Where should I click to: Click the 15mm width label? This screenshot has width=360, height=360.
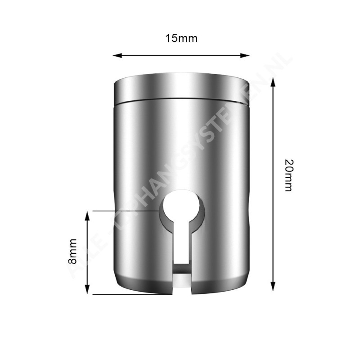click(x=181, y=38)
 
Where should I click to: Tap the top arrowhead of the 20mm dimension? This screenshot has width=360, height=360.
click(x=272, y=81)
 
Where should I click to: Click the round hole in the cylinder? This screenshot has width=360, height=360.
click(x=182, y=207)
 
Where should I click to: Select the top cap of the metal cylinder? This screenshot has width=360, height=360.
click(x=181, y=89)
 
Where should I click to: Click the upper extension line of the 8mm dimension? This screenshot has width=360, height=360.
click(x=126, y=210)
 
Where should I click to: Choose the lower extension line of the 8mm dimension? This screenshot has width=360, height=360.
click(x=130, y=294)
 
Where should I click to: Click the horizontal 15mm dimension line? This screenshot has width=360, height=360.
click(x=181, y=55)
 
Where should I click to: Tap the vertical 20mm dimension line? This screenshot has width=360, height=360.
click(x=272, y=184)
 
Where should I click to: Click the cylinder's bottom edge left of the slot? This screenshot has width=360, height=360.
click(x=144, y=290)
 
